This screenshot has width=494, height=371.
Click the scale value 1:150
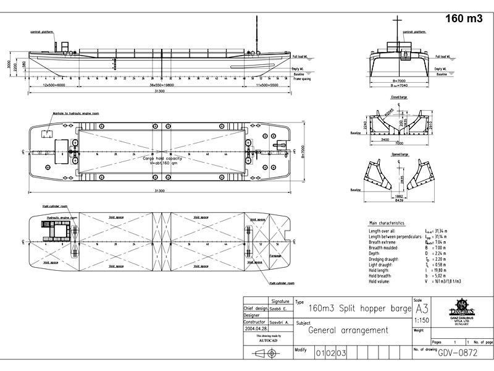coord(422,320)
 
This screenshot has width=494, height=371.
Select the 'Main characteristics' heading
coord(387,223)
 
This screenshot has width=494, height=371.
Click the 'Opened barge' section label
coord(400,154)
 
